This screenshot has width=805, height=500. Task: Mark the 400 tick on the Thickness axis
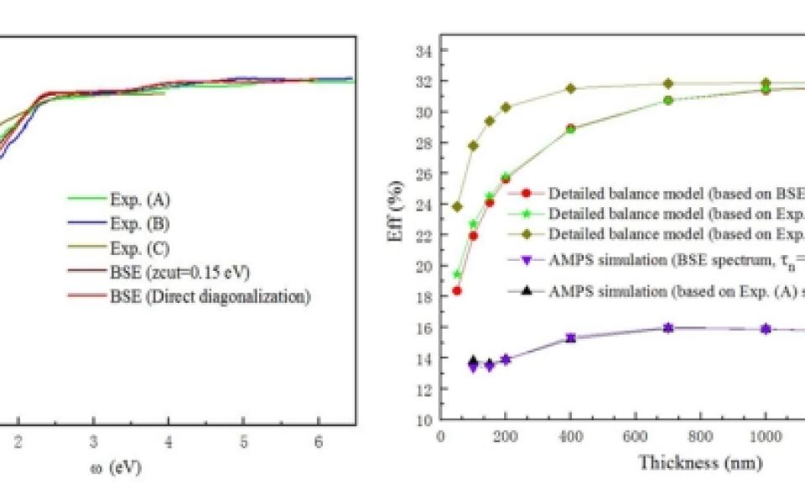[x=570, y=436]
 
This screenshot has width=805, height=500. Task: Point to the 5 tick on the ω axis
[x=242, y=441]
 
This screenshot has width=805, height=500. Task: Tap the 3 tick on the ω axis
[x=93, y=441]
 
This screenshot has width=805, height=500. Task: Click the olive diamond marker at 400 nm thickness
[x=570, y=88]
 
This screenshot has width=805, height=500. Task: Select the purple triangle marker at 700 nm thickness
[x=668, y=328]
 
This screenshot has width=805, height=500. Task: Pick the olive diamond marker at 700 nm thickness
[x=668, y=83]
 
